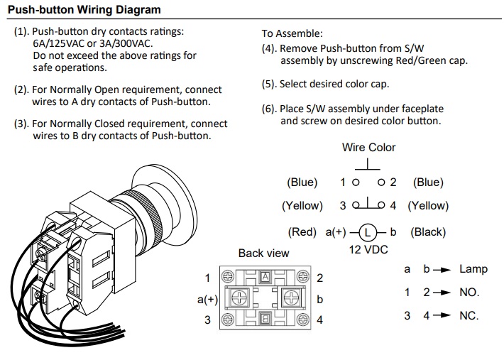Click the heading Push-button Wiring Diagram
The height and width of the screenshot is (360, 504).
click(84, 10)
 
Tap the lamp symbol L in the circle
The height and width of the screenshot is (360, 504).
click(366, 232)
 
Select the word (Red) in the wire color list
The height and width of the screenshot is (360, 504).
click(302, 232)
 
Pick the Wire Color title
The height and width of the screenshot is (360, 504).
click(368, 148)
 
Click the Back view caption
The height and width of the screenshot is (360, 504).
click(263, 253)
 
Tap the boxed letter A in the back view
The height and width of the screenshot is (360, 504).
click(265, 276)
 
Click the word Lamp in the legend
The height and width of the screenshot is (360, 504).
click(473, 269)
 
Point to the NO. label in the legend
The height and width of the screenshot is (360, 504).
click(469, 293)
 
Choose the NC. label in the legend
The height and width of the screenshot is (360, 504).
click(469, 315)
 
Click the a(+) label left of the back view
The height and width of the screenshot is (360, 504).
click(207, 300)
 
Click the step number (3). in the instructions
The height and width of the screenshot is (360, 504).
click(21, 124)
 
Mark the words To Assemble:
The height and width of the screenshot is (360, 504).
click(292, 33)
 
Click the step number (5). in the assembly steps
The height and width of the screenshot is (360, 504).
click(269, 84)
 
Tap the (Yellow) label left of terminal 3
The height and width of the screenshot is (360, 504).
click(302, 206)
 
